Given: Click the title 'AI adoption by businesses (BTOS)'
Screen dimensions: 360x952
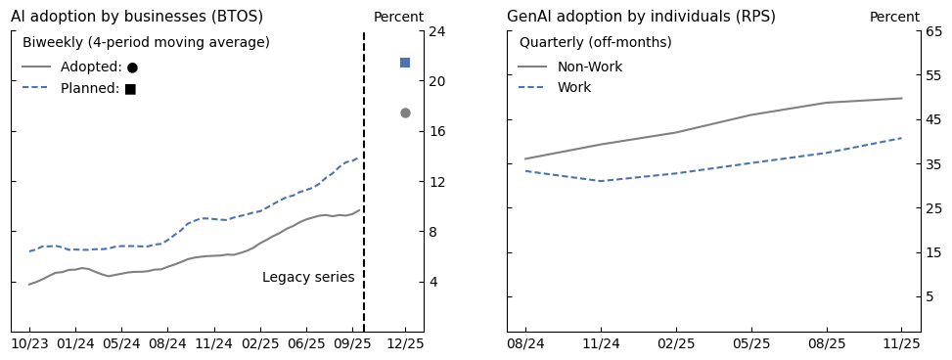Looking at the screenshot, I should pos(137,17).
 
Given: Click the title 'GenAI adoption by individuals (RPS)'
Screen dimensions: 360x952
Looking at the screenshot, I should pos(641,17).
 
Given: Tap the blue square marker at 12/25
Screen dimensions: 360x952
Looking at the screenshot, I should pos(405,63).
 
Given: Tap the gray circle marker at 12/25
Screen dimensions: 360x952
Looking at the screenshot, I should pos(405,112).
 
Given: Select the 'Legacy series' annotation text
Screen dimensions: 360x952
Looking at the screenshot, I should pos(308,278).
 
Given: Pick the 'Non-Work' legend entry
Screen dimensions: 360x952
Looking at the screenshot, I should pos(589,67).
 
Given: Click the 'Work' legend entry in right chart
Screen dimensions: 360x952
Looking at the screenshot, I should pos(573,88).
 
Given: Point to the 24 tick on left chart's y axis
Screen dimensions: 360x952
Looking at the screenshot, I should pos(437,31).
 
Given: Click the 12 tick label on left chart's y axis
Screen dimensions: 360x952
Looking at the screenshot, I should pos(437,182).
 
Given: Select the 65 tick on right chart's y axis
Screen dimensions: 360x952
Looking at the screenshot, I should pos(933,31).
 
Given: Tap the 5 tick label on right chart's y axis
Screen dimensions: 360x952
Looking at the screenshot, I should pos(933,296).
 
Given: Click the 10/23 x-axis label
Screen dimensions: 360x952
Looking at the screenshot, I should pos(29,344).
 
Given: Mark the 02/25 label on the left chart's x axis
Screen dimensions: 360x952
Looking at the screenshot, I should pos(260,344).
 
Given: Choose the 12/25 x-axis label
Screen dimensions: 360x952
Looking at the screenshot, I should pos(405,344).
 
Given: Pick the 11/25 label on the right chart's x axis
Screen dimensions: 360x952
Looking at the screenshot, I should pos(901,344).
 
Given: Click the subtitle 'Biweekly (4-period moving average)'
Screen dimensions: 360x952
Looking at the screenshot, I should pos(146,43).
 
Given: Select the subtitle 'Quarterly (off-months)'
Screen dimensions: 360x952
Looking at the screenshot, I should pos(595,43).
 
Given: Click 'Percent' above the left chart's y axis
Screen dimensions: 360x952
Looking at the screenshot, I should pos(398,18).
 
